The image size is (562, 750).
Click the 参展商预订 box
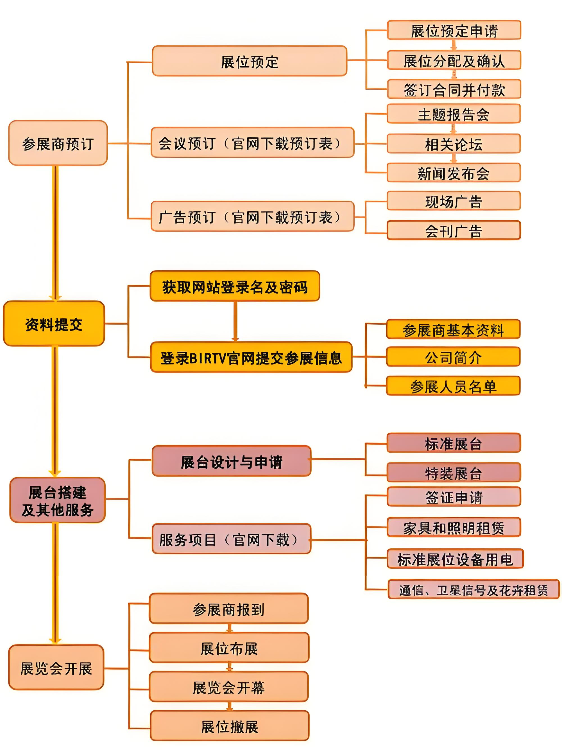58,143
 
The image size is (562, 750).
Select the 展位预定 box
250,61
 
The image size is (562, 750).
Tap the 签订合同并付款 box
454,89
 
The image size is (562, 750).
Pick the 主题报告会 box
454,114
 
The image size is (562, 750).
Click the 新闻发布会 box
454,173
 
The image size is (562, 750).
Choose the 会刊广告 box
454,231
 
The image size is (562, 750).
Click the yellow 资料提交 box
54,324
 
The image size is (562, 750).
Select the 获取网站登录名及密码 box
235,286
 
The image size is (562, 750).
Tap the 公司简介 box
453,357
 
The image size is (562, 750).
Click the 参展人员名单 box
453,386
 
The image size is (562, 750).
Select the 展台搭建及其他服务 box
57,500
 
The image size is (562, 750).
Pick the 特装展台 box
454,473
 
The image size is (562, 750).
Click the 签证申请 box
454,497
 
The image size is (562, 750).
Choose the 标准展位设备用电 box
455,559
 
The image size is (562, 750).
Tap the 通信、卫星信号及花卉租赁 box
473,589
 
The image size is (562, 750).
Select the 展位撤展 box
230,726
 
